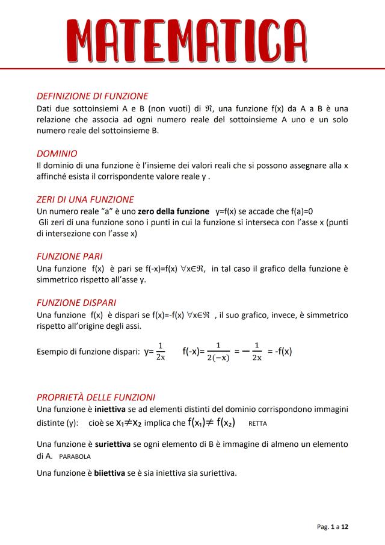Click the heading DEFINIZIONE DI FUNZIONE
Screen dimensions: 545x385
point(92,96)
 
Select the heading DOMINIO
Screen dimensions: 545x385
point(57,154)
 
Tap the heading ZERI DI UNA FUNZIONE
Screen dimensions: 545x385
point(85,199)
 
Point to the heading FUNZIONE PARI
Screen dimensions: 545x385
point(69,256)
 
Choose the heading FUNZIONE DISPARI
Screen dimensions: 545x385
point(76,302)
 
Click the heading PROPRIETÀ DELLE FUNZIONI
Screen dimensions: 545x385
point(96,397)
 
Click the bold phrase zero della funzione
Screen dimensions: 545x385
point(173,211)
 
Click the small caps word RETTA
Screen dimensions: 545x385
point(257,423)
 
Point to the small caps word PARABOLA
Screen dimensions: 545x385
point(74,456)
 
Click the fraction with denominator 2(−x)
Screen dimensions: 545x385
point(218,352)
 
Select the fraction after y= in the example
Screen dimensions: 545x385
point(160,351)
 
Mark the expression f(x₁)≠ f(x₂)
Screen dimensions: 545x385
point(211,422)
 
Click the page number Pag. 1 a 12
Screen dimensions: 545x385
point(333,526)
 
